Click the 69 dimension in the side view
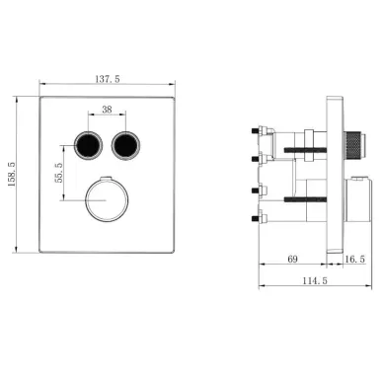pos(293,260)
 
